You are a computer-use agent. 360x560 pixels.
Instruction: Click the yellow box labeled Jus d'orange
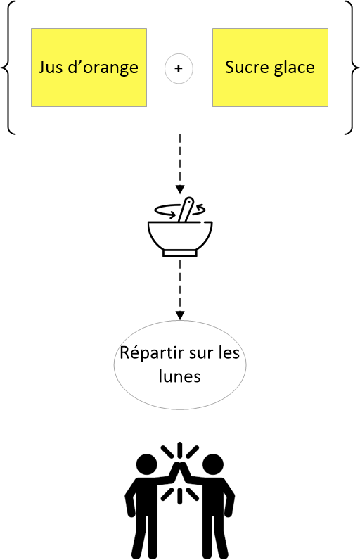click(x=89, y=68)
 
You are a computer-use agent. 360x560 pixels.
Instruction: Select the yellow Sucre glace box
click(x=270, y=68)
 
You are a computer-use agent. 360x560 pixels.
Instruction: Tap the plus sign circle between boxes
click(x=179, y=68)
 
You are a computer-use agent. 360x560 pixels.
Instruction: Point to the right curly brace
click(x=352, y=67)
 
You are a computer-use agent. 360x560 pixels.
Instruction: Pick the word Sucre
click(x=241, y=67)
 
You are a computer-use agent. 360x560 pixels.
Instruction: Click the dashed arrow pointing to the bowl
click(x=180, y=164)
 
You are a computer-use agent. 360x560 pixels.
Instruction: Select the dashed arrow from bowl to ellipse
click(x=180, y=290)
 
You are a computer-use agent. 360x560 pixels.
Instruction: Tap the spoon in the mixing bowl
click(x=186, y=210)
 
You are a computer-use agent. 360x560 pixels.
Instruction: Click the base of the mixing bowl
click(x=180, y=253)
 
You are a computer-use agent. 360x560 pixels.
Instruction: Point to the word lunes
click(x=180, y=376)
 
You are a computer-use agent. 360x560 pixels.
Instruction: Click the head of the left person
click(x=147, y=464)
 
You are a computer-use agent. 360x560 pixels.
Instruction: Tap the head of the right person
click(x=213, y=464)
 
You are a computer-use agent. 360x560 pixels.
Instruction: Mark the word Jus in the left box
click(x=51, y=68)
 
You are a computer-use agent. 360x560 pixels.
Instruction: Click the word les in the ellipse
click(x=229, y=353)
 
